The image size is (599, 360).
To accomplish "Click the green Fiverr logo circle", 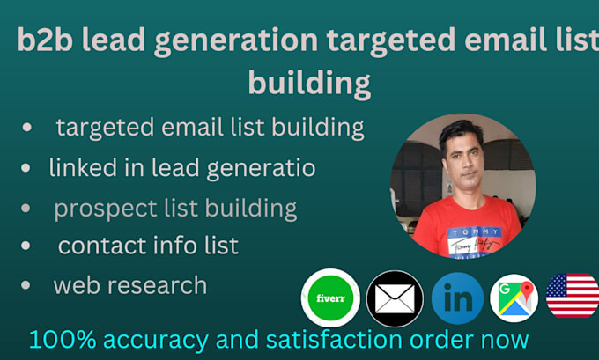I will coord(329,298).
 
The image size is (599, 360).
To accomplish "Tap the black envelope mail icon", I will coord(395,298).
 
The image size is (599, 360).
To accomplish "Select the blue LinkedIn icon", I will coord(457,298).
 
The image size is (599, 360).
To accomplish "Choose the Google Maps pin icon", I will coord(514,298).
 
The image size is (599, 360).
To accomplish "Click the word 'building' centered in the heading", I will coord(308,83).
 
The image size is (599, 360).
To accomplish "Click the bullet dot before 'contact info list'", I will coord(28,246).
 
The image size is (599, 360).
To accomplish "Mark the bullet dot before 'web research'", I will coord(28,285).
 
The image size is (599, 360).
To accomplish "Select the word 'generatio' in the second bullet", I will coord(263,167).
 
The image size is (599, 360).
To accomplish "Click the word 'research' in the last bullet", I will coord(159,285).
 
